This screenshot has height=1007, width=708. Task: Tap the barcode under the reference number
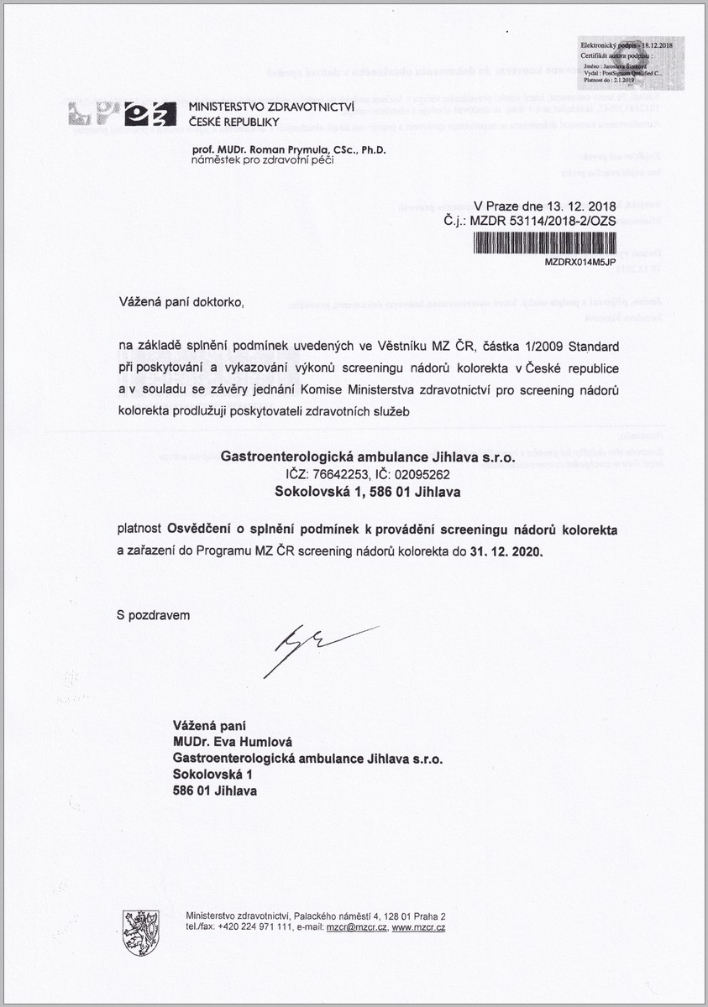[545, 243]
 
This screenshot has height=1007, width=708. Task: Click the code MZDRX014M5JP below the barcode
[580, 262]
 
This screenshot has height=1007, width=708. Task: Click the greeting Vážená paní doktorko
[184, 300]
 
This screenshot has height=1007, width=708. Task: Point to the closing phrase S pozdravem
[154, 615]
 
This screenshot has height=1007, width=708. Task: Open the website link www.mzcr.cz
[418, 927]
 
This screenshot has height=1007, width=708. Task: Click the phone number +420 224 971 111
[254, 927]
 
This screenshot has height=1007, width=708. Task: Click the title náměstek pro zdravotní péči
[262, 160]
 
